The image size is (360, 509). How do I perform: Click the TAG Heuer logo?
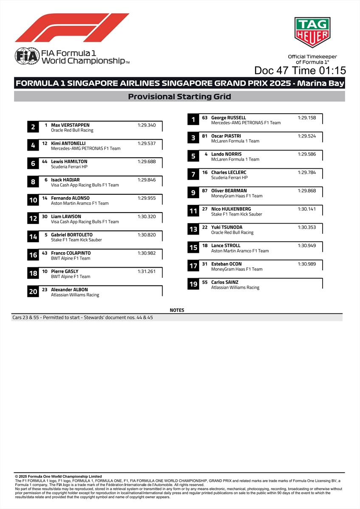point(312,32)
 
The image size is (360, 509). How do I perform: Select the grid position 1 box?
point(193,120)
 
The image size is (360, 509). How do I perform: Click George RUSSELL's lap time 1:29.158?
point(307,118)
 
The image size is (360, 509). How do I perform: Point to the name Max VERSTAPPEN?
point(70,125)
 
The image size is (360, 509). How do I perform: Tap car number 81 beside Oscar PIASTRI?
point(205,136)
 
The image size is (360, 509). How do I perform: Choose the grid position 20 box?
point(33,291)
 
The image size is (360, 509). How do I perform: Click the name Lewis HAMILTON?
point(69,162)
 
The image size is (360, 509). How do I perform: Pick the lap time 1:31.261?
point(146,271)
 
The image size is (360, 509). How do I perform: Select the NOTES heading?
point(177,310)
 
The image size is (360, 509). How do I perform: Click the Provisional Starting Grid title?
point(180,97)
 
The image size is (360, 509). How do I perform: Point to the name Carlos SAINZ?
point(225,282)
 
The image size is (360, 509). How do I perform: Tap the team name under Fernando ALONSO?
point(80,204)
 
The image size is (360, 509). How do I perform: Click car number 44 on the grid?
point(45,162)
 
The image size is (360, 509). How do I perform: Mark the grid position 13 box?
point(193,229)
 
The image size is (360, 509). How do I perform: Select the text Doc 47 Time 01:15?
point(300,70)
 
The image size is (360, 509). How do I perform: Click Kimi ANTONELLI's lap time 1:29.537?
point(146,143)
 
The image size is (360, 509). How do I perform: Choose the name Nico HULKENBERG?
point(231,209)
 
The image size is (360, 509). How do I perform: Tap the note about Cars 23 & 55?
point(83,317)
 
